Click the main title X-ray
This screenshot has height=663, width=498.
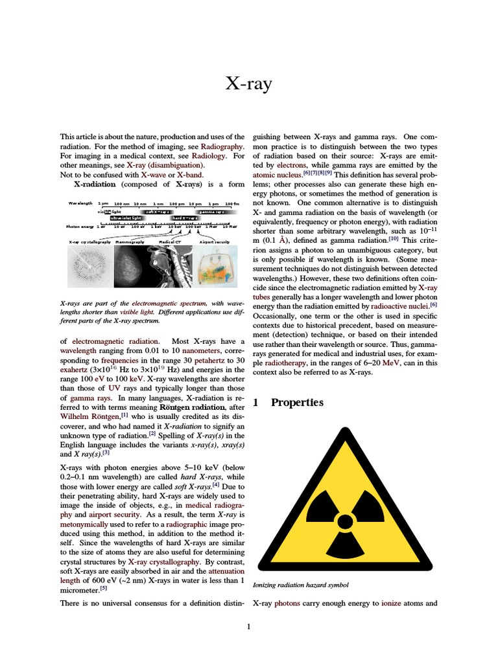click(248, 84)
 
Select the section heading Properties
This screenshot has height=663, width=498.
click(297, 403)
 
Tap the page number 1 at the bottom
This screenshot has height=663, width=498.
click(248, 626)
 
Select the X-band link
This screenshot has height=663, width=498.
click(189, 175)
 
